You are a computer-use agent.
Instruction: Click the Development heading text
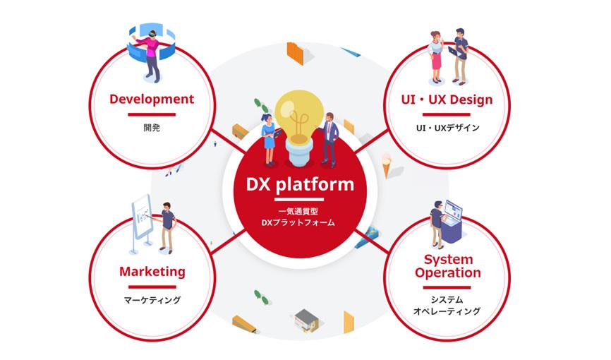coord(152,99)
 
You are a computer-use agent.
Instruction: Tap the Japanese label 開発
coord(152,128)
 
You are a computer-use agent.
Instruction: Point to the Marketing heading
coord(152,271)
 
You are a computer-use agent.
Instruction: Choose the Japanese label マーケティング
coord(152,300)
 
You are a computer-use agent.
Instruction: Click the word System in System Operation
coord(448,260)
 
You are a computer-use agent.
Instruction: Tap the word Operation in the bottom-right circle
coord(448,272)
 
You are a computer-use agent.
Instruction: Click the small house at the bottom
coord(305,321)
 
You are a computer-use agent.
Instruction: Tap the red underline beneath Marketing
coord(152,287)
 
